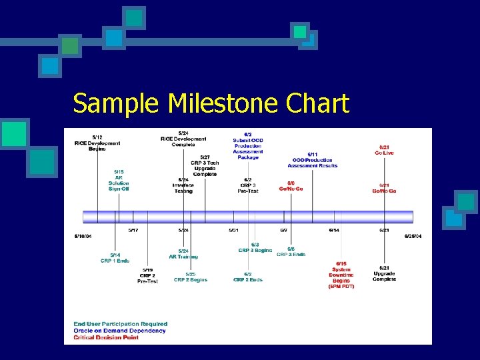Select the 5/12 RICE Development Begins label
click(x=97, y=143)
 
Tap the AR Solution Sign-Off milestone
click(x=119, y=180)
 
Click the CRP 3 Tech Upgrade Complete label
click(x=205, y=165)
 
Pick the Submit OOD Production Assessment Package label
click(x=248, y=146)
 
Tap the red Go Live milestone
click(x=384, y=150)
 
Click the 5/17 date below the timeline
click(x=133, y=230)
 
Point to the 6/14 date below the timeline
click(x=334, y=230)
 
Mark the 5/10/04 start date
click(x=83, y=236)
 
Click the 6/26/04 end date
click(x=413, y=236)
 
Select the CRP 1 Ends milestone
click(x=115, y=257)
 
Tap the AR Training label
click(x=183, y=254)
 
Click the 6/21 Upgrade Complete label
click(x=384, y=273)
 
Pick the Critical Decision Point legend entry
click(x=107, y=337)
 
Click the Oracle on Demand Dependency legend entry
click(x=120, y=331)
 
